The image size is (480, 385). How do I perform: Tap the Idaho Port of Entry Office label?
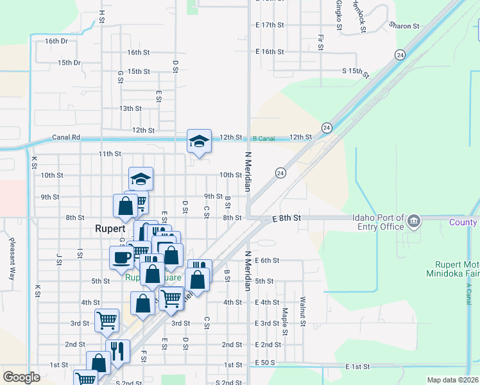point(378,222)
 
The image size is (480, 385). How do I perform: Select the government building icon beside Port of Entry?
point(414,222)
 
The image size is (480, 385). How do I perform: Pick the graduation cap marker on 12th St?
point(199,141)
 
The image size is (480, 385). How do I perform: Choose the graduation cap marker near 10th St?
point(141,179)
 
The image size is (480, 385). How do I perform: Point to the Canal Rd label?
point(66,137)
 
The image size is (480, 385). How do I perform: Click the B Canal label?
point(263,138)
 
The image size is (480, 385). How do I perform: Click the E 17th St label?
point(269,25)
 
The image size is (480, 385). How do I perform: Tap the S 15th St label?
point(356,73)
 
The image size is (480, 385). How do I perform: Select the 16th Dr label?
point(56,41)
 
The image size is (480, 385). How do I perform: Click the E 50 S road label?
point(266,363)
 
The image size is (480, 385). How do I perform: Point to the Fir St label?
point(320,42)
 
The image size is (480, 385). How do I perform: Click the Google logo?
point(22,377)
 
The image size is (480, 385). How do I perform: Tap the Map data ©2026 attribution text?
point(452,380)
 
